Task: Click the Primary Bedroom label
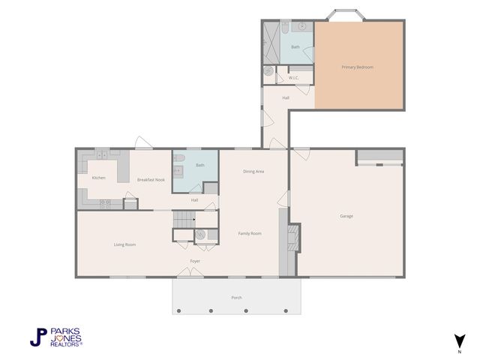tap(357, 67)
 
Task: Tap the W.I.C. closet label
tap(294, 78)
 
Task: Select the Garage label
tap(346, 216)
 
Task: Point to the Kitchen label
tap(98, 178)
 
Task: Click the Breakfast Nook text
tap(150, 180)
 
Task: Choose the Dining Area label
tap(253, 172)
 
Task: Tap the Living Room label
tap(124, 244)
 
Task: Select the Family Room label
tap(250, 233)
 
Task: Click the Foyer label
tap(195, 261)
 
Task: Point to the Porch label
tap(236, 298)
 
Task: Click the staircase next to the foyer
tap(184, 220)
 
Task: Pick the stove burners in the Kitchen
tap(106, 203)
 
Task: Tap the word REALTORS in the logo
tap(66, 344)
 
